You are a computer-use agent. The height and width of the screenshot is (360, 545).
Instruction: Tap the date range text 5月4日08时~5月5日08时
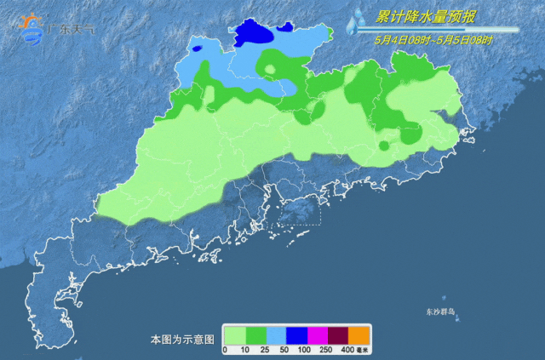[434, 40]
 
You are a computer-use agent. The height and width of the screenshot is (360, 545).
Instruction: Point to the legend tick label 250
[326, 350]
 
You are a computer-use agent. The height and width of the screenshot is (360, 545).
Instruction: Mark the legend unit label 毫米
[362, 350]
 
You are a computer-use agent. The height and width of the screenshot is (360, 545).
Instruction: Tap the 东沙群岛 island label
[440, 312]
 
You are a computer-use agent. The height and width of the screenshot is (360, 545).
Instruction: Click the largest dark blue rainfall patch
[254, 33]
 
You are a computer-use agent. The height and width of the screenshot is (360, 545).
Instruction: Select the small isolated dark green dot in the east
[384, 146]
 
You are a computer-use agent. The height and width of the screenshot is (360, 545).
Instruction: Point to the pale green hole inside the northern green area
[270, 68]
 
